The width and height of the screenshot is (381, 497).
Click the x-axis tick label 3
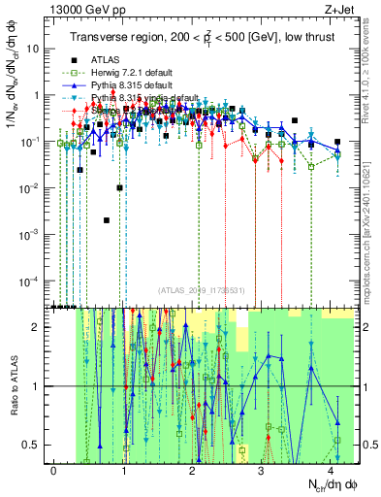click(x=262, y=469)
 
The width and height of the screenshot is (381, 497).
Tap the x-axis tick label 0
click(x=54, y=469)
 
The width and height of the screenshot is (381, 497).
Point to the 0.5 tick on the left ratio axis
click(x=33, y=445)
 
